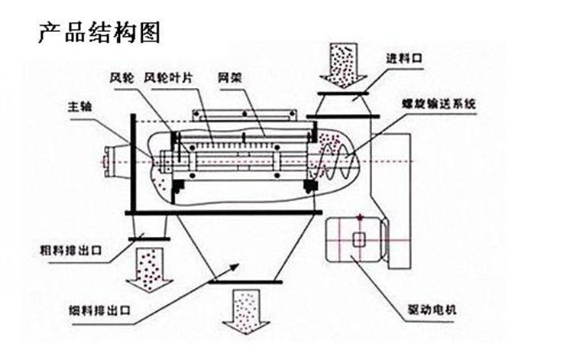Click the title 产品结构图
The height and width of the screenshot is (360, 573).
click(99, 34)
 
